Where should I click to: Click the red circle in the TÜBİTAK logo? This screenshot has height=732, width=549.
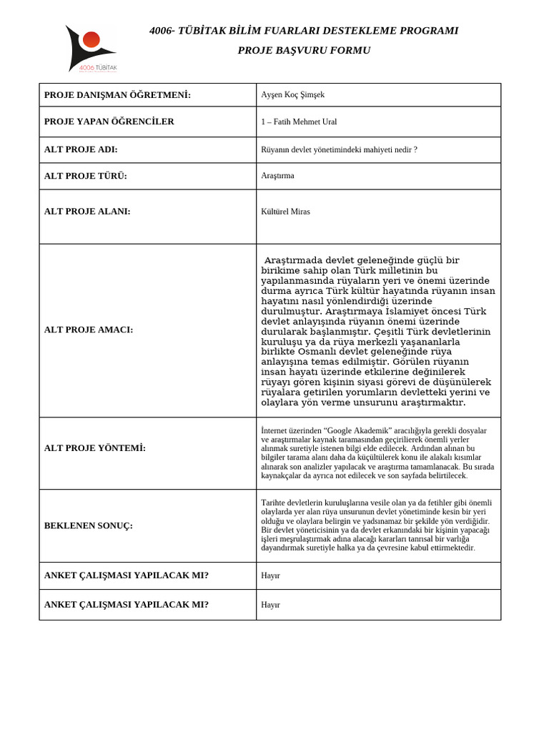(91, 39)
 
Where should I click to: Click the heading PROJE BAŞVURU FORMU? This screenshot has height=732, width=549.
(304, 50)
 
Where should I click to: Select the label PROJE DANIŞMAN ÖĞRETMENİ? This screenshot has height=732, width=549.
(117, 95)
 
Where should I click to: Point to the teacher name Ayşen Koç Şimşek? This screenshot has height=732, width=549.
(293, 95)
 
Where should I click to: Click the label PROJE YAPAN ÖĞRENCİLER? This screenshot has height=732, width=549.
(109, 122)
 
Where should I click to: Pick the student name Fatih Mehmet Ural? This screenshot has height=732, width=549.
(304, 122)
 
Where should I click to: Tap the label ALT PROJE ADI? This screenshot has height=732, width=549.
(81, 149)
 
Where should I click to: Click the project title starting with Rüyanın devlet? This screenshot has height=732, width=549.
(339, 149)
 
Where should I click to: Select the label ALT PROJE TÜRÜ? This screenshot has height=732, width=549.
(86, 176)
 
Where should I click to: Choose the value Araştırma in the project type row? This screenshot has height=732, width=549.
(278, 176)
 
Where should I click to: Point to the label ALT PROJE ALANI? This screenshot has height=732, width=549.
(87, 212)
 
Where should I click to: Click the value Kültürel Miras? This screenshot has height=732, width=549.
(286, 212)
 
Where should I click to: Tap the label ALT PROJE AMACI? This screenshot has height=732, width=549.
(89, 330)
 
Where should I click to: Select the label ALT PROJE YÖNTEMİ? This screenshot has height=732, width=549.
(95, 447)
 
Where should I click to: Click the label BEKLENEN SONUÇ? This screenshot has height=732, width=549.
(89, 525)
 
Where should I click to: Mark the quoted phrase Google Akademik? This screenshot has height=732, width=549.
(358, 430)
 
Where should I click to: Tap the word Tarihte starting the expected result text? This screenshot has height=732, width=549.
(274, 503)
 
